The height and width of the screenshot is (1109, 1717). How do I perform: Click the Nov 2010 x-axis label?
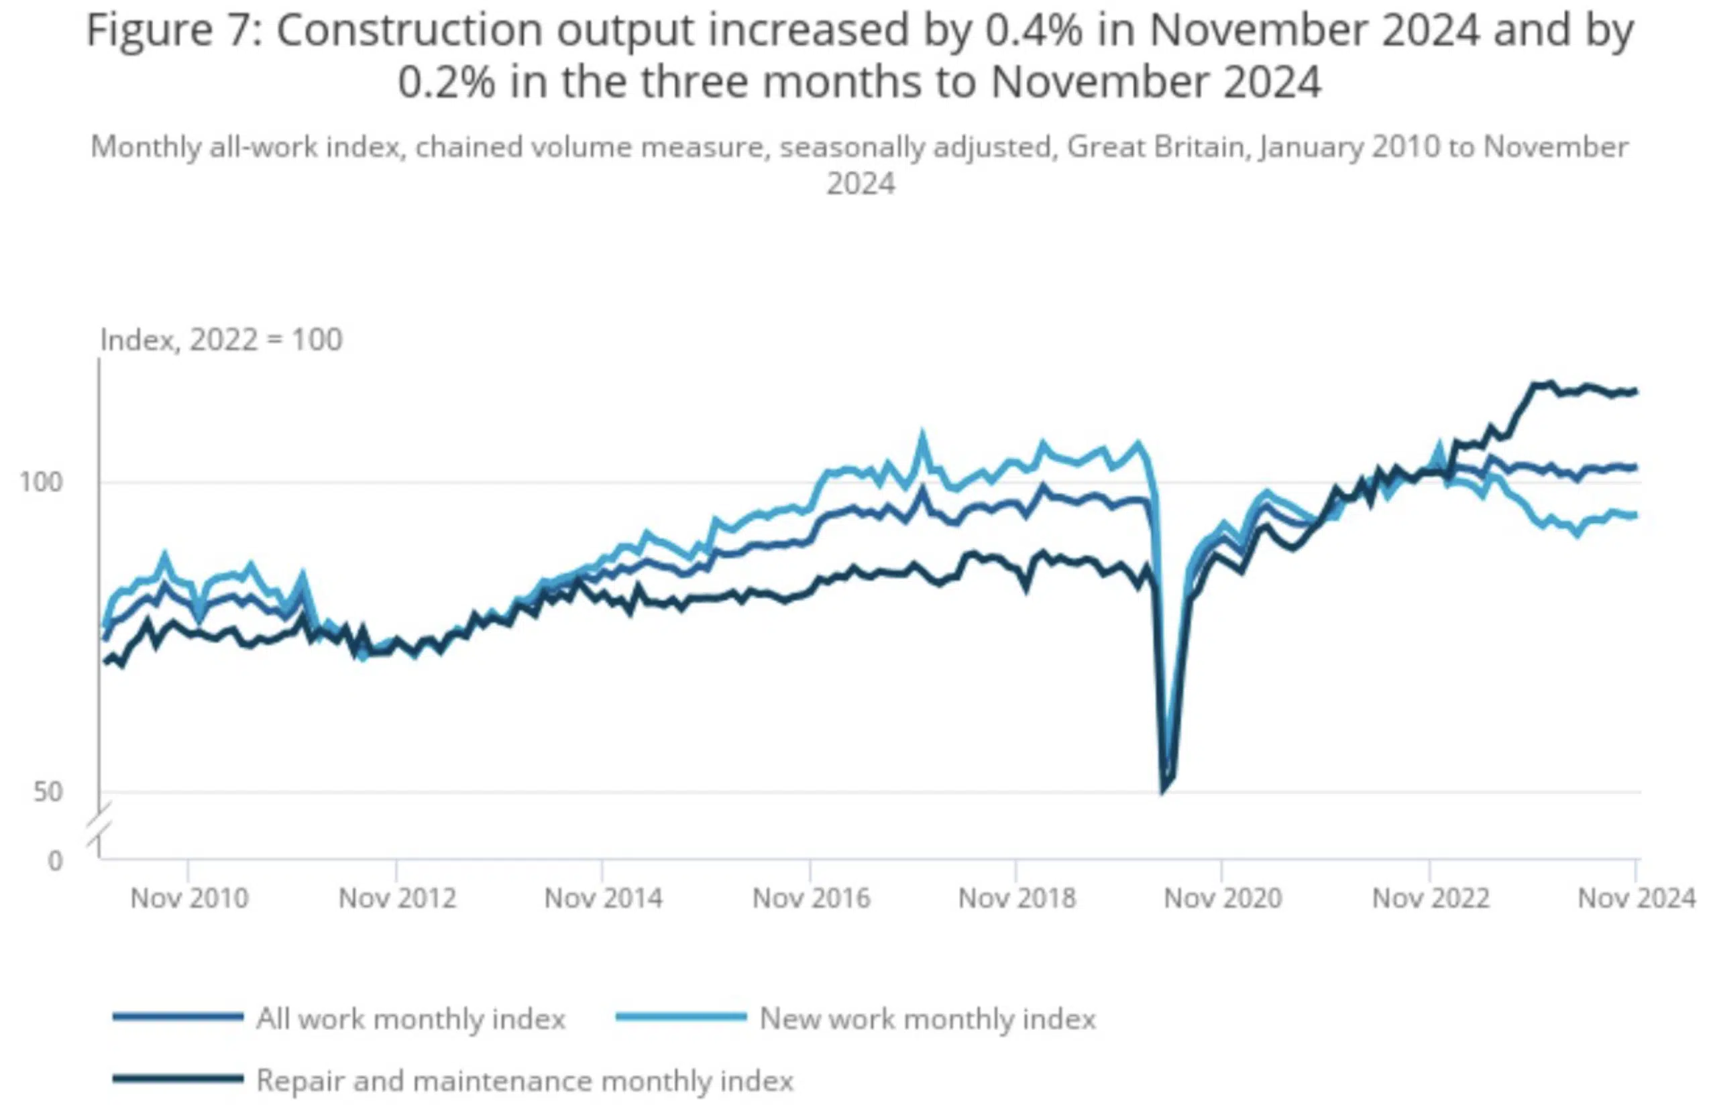(x=188, y=898)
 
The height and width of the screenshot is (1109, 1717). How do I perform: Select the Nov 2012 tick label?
(x=397, y=898)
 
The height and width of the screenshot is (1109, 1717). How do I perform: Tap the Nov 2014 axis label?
(x=603, y=898)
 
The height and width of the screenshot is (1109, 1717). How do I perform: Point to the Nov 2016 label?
(x=811, y=898)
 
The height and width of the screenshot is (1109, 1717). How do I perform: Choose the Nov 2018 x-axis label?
(x=1016, y=898)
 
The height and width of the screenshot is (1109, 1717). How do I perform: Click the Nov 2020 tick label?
(x=1222, y=898)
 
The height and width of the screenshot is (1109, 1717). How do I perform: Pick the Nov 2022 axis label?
(x=1431, y=898)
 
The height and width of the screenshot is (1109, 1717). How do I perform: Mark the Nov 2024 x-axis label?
(x=1636, y=898)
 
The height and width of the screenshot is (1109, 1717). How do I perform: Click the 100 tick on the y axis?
(x=40, y=482)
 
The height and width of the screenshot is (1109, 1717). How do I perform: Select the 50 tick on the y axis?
(x=48, y=792)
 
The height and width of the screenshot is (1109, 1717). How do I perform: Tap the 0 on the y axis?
(x=55, y=860)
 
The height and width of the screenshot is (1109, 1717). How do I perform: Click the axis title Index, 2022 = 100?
(x=221, y=339)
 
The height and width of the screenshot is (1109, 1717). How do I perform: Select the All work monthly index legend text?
(x=410, y=1019)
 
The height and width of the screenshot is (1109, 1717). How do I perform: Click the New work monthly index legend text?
(x=928, y=1019)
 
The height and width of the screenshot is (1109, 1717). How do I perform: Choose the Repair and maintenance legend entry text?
(x=524, y=1081)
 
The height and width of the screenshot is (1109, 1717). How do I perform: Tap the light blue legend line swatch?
(x=681, y=1018)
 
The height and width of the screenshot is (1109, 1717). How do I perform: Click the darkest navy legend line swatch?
(x=177, y=1079)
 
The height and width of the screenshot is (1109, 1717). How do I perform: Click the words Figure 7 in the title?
(x=170, y=31)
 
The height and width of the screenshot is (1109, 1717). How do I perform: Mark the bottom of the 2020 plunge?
(x=1162, y=791)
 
